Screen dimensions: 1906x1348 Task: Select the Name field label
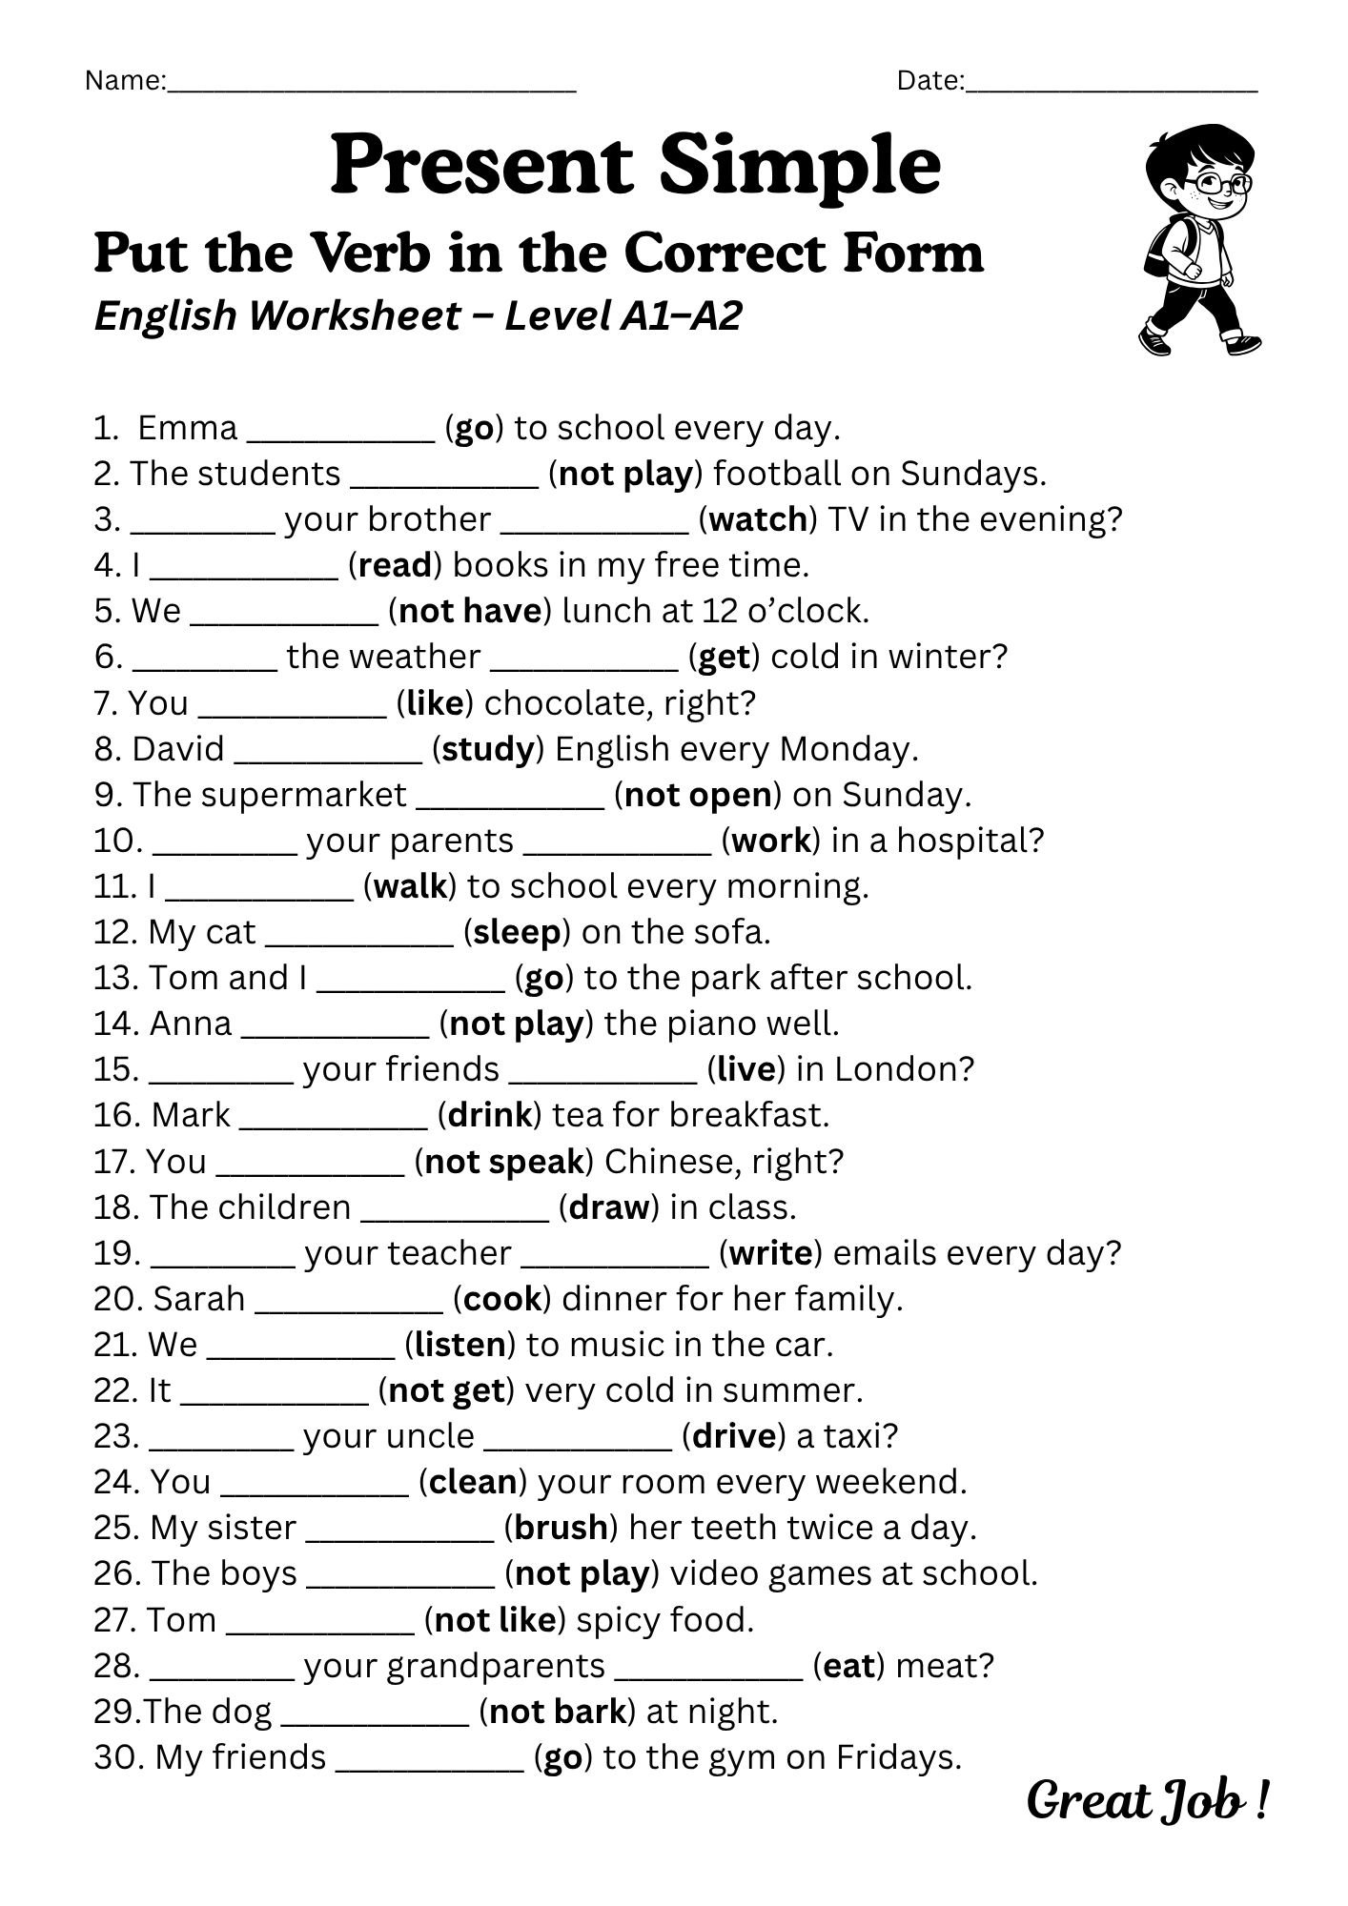(124, 81)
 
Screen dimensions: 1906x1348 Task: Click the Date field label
(929, 81)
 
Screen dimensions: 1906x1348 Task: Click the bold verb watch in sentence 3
(759, 519)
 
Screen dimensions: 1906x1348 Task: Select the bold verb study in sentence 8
(488, 749)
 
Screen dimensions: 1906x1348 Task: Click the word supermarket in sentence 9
(269, 795)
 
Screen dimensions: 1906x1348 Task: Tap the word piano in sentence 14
(709, 1024)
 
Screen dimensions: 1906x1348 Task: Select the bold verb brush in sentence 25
(562, 1528)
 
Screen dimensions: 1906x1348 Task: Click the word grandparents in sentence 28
(454, 1666)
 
